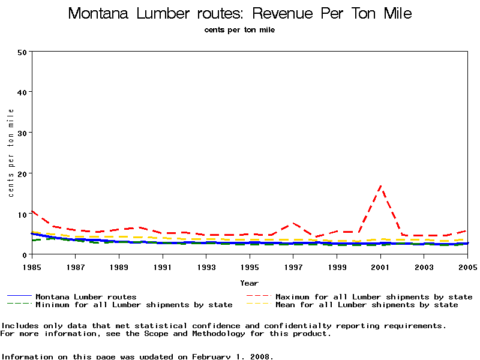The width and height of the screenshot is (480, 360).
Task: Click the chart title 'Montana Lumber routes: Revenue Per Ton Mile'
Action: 240,14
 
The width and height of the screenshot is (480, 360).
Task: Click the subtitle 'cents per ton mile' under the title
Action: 240,29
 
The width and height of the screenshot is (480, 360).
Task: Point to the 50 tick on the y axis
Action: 22,52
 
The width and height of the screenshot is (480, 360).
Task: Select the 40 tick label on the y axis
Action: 22,92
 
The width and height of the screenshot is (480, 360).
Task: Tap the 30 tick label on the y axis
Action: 22,133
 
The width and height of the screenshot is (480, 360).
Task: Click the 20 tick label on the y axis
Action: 22,173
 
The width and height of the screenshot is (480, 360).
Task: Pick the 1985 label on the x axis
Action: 31,266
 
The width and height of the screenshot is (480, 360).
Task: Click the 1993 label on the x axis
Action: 206,266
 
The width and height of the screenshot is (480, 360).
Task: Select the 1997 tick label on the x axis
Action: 293,266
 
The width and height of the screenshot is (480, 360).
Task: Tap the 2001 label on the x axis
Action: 380,266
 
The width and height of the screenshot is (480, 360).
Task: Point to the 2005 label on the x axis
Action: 467,266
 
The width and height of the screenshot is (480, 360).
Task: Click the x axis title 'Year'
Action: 249,283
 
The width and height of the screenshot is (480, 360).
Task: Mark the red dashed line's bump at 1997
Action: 293,223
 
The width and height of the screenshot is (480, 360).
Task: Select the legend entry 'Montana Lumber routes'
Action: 86,297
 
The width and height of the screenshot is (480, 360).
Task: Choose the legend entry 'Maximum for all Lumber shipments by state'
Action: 374,297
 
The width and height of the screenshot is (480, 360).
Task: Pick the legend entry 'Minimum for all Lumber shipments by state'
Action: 134,305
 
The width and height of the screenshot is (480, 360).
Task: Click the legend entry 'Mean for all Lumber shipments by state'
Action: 367,305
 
